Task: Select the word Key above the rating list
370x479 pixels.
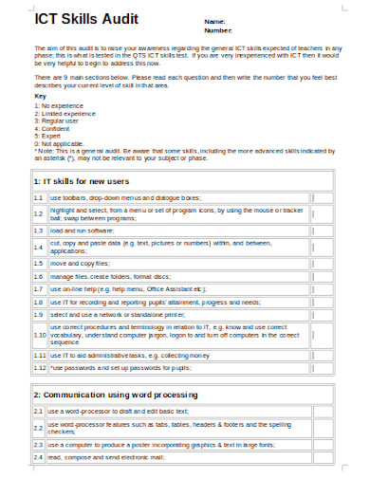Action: tap(39, 96)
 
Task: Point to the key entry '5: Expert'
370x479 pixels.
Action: tap(48, 136)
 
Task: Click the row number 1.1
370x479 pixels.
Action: tap(39, 197)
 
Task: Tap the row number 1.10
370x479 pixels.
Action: tap(39, 335)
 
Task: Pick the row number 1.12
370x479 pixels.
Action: tap(39, 366)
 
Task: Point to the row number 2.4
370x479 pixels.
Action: tap(39, 457)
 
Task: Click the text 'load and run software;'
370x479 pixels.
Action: tap(82, 230)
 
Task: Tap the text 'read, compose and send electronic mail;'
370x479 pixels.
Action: tap(113, 457)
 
